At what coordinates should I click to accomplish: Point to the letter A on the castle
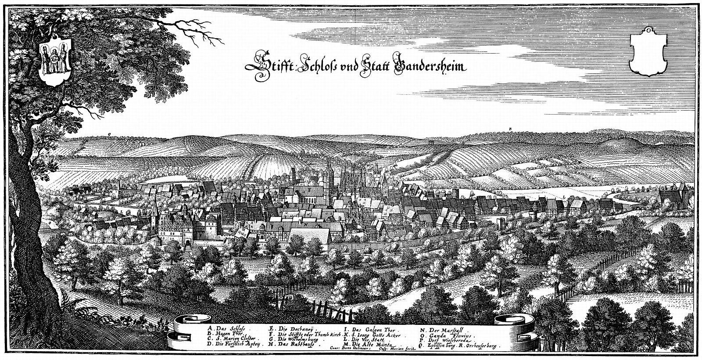[x=187, y=229]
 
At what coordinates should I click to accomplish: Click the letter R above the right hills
[x=511, y=128]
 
